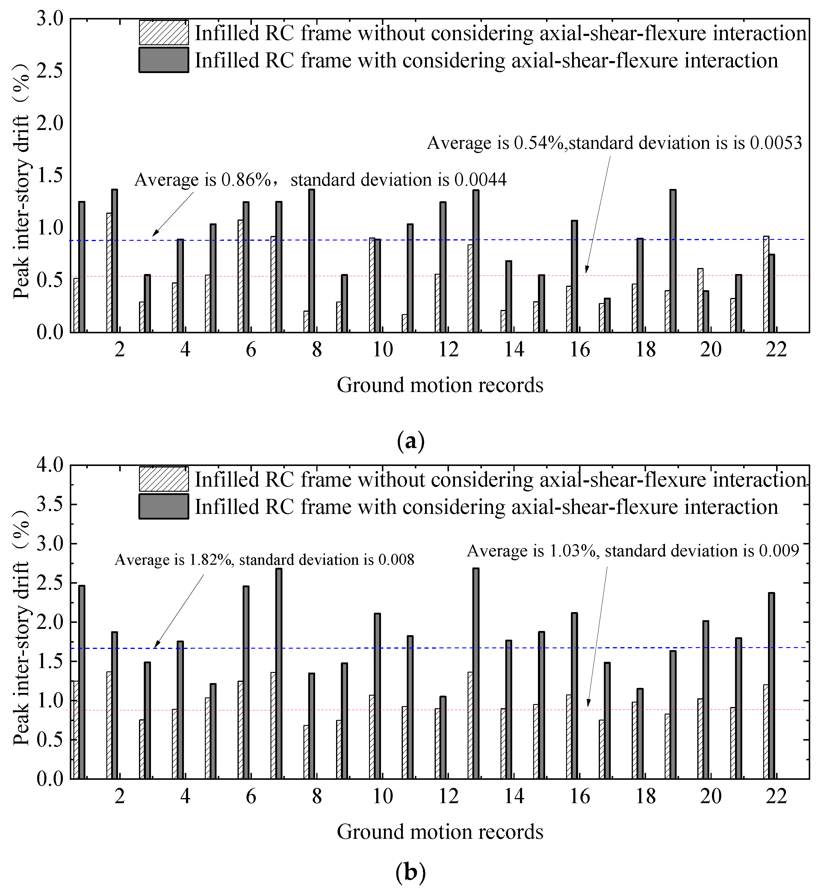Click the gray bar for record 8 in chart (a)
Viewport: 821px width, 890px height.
coord(312,261)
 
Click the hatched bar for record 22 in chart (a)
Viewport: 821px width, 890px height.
coord(766,284)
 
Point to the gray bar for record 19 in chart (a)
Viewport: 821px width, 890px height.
coord(673,261)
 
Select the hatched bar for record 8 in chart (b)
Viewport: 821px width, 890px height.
coord(306,752)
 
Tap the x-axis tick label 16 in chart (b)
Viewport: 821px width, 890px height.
coord(580,797)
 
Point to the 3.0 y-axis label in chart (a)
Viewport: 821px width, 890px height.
coord(50,19)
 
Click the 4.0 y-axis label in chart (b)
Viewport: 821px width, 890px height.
coord(50,465)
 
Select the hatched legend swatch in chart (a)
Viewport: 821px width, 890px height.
coord(164,32)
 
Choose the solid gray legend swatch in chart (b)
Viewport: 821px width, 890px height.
coord(164,506)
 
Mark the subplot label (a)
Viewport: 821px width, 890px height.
coord(410,441)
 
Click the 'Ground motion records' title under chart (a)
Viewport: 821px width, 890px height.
coord(440,385)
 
